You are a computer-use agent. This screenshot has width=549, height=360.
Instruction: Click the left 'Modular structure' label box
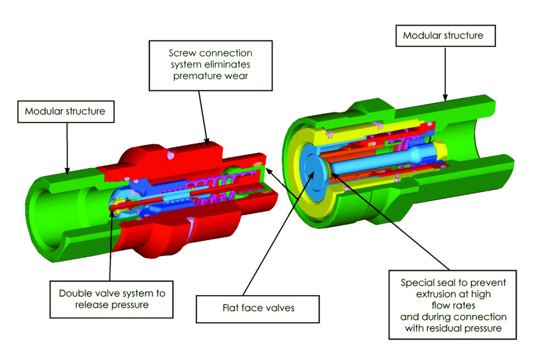pos(65,112)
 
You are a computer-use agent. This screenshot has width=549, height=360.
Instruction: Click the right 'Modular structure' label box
pos(448,36)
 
